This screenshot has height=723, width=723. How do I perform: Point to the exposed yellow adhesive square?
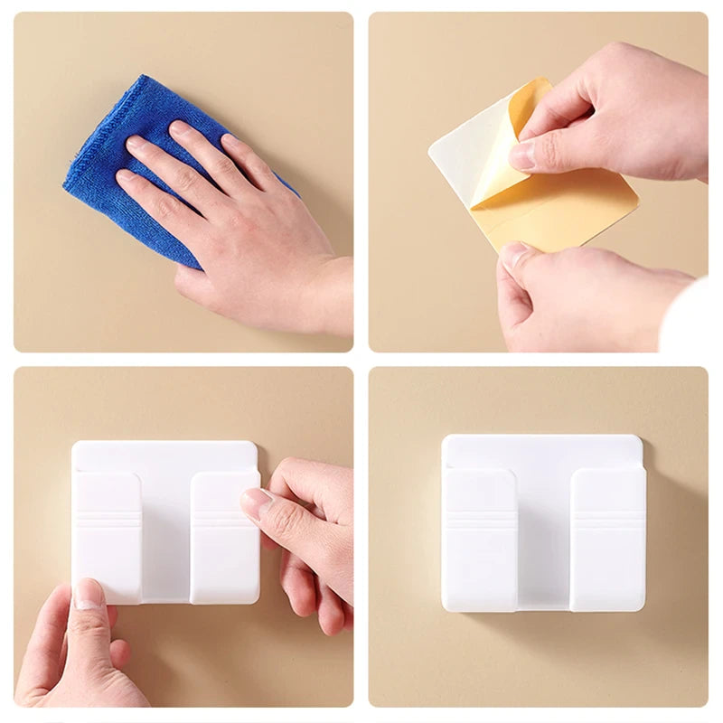pos(578,208)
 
